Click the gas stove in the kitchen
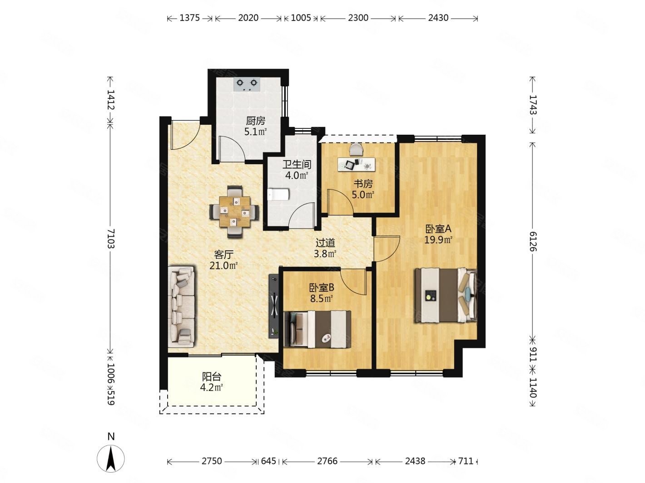[247, 84]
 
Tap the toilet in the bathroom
[278, 195]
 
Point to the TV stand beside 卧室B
[273, 306]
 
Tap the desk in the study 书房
[357, 164]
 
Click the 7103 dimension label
[111, 239]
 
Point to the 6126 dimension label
[533, 241]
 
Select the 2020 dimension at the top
[248, 18]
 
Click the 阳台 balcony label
[211, 376]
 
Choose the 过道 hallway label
[325, 243]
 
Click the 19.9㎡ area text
[438, 240]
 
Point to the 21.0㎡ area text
[223, 266]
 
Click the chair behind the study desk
[356, 149]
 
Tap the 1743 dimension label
[533, 105]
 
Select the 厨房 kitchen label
[255, 121]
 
